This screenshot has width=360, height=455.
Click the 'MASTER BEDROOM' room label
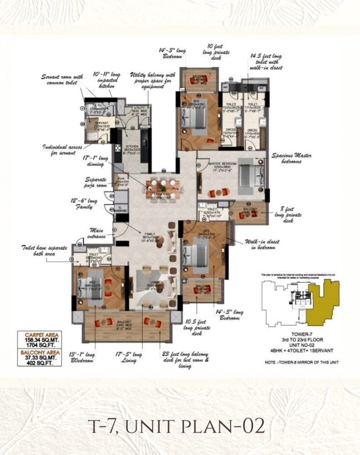[x=221, y=164]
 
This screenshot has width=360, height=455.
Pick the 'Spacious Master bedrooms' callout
[x=291, y=158]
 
